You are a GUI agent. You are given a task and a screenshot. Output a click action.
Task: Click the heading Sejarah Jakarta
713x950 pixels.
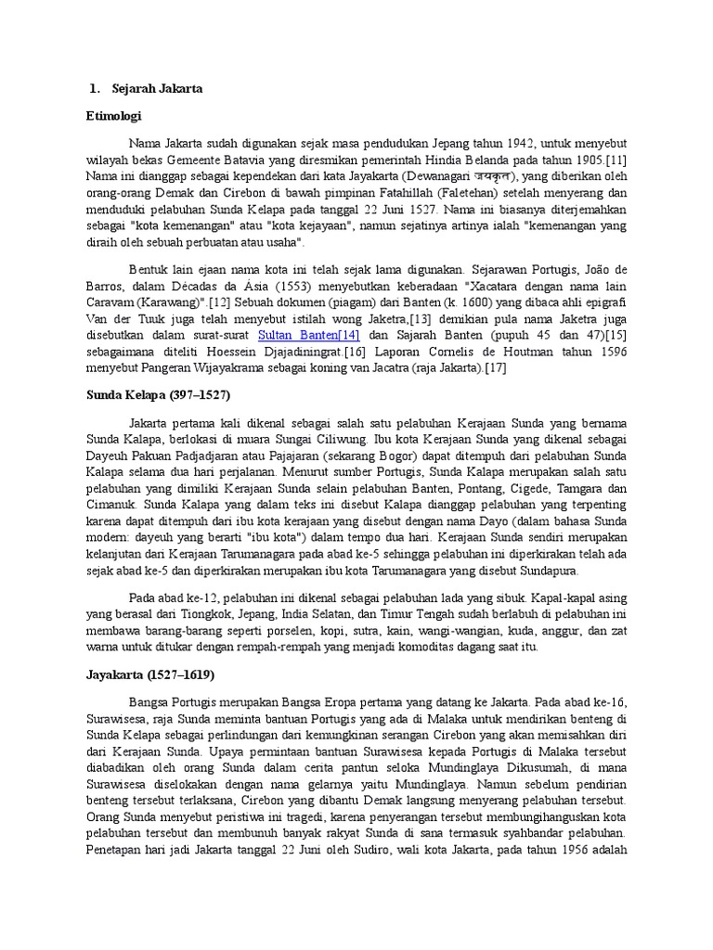[157, 89]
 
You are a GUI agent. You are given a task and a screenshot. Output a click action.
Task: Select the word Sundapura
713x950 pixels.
[551, 569]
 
